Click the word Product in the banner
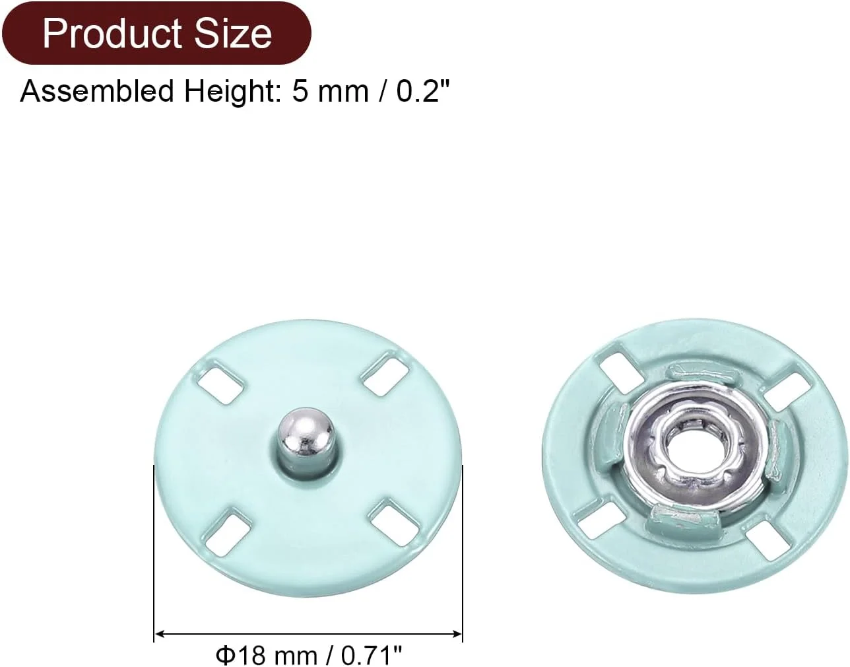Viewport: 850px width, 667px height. tap(112, 34)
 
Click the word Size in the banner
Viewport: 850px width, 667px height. tap(234, 34)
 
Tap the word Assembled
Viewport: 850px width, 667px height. tap(97, 91)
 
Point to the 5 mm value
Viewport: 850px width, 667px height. tap(330, 92)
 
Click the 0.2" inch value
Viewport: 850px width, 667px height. tap(423, 91)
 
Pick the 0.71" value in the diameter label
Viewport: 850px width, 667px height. tap(372, 654)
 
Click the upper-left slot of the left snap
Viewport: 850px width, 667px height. tap(220, 382)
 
